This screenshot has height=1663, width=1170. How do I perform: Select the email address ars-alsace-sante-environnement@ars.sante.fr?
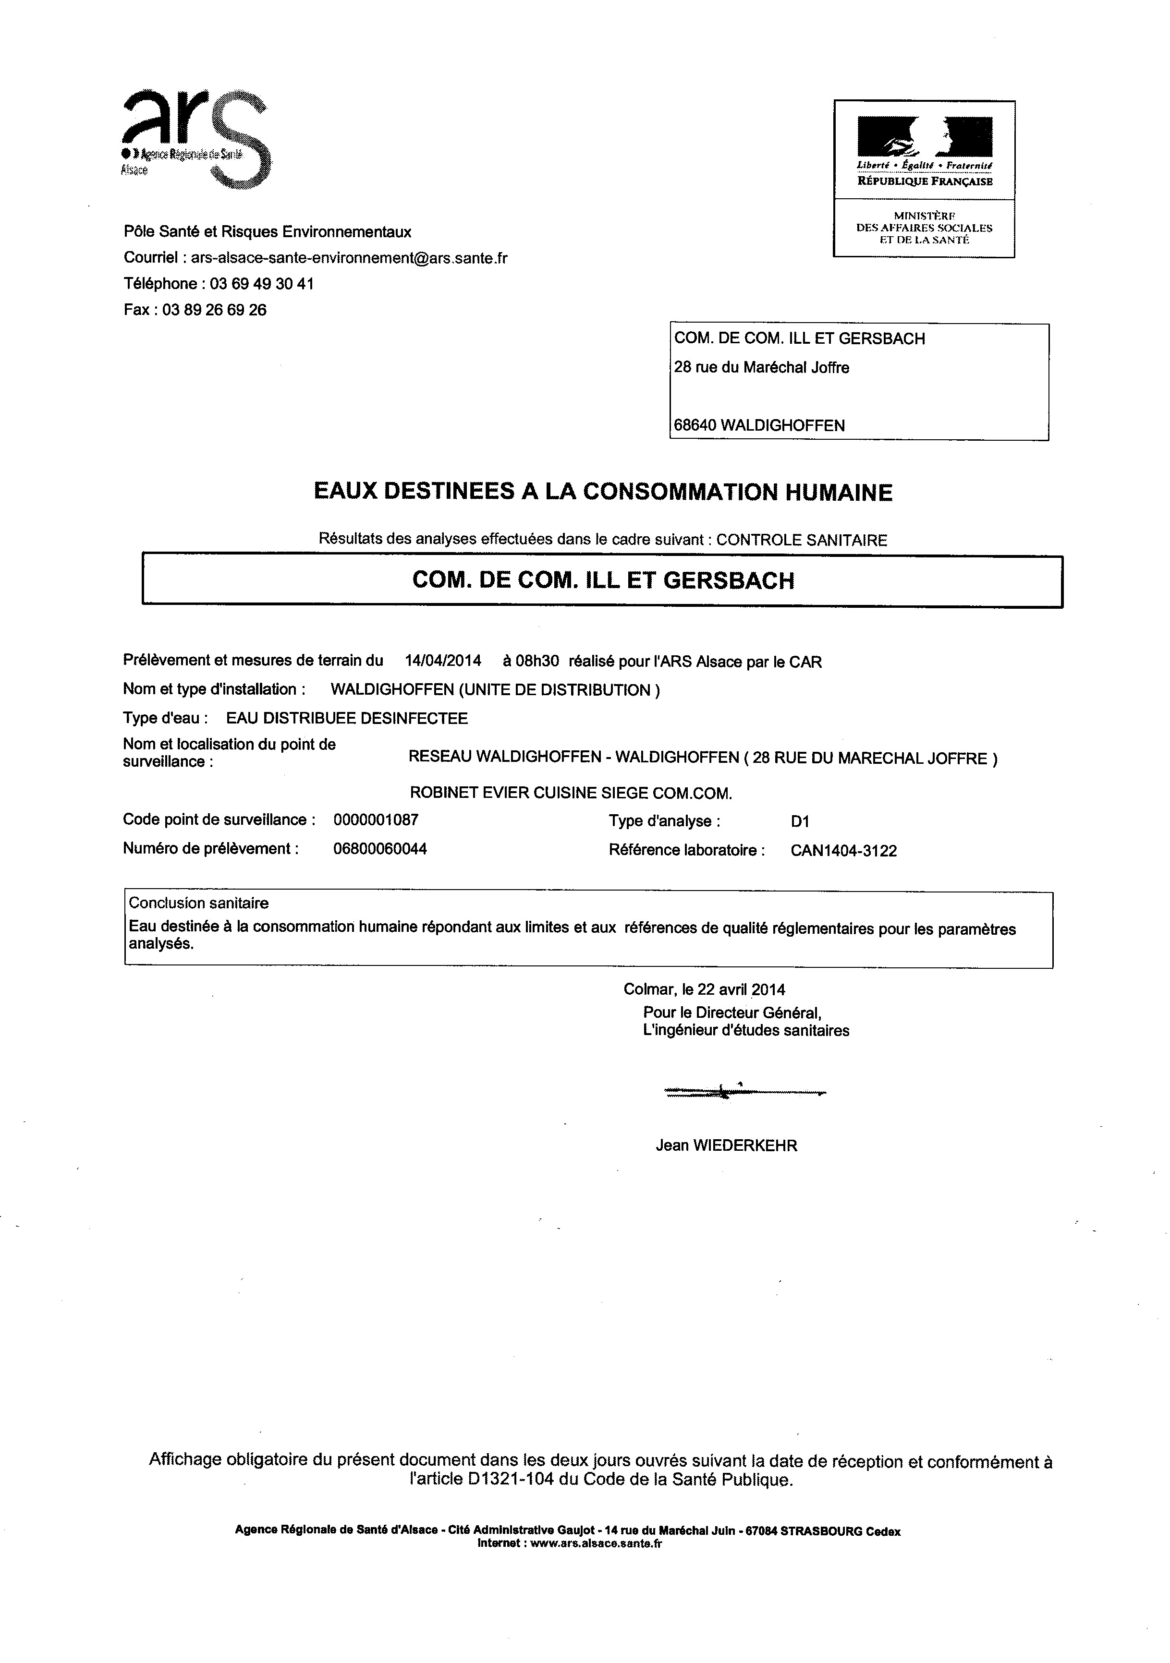click(x=349, y=258)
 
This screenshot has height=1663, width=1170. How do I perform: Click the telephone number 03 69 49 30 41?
click(x=262, y=284)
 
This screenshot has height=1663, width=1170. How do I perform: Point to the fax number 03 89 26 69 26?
click(x=214, y=310)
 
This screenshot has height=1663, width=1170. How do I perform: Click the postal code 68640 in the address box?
click(x=694, y=426)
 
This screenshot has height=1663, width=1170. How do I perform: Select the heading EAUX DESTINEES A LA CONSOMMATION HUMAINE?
click(x=603, y=493)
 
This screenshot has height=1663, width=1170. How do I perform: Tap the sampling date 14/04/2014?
click(x=443, y=661)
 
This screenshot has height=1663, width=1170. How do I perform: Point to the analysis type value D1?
click(x=800, y=821)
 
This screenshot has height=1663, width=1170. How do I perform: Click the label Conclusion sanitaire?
click(x=198, y=903)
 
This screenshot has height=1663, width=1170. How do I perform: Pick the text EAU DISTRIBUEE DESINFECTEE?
click(x=347, y=719)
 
